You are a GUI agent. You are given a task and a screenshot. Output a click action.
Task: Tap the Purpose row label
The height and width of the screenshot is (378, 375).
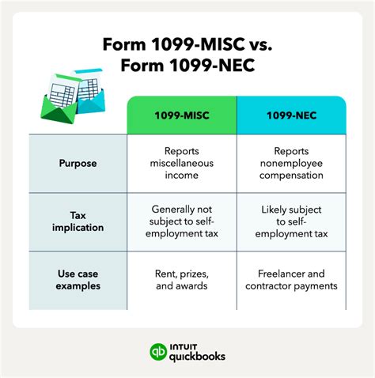coord(78,164)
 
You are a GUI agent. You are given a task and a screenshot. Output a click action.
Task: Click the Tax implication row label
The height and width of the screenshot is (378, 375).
coord(78,222)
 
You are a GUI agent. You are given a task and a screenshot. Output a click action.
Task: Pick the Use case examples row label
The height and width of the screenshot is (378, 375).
coord(78,281)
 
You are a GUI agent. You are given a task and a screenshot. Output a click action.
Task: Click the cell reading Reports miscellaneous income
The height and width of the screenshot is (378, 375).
coord(181,164)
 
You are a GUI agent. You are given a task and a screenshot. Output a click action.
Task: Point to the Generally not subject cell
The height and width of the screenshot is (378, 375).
coord(181,222)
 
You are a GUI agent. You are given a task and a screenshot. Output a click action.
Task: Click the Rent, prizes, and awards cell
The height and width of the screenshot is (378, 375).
coord(181,281)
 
